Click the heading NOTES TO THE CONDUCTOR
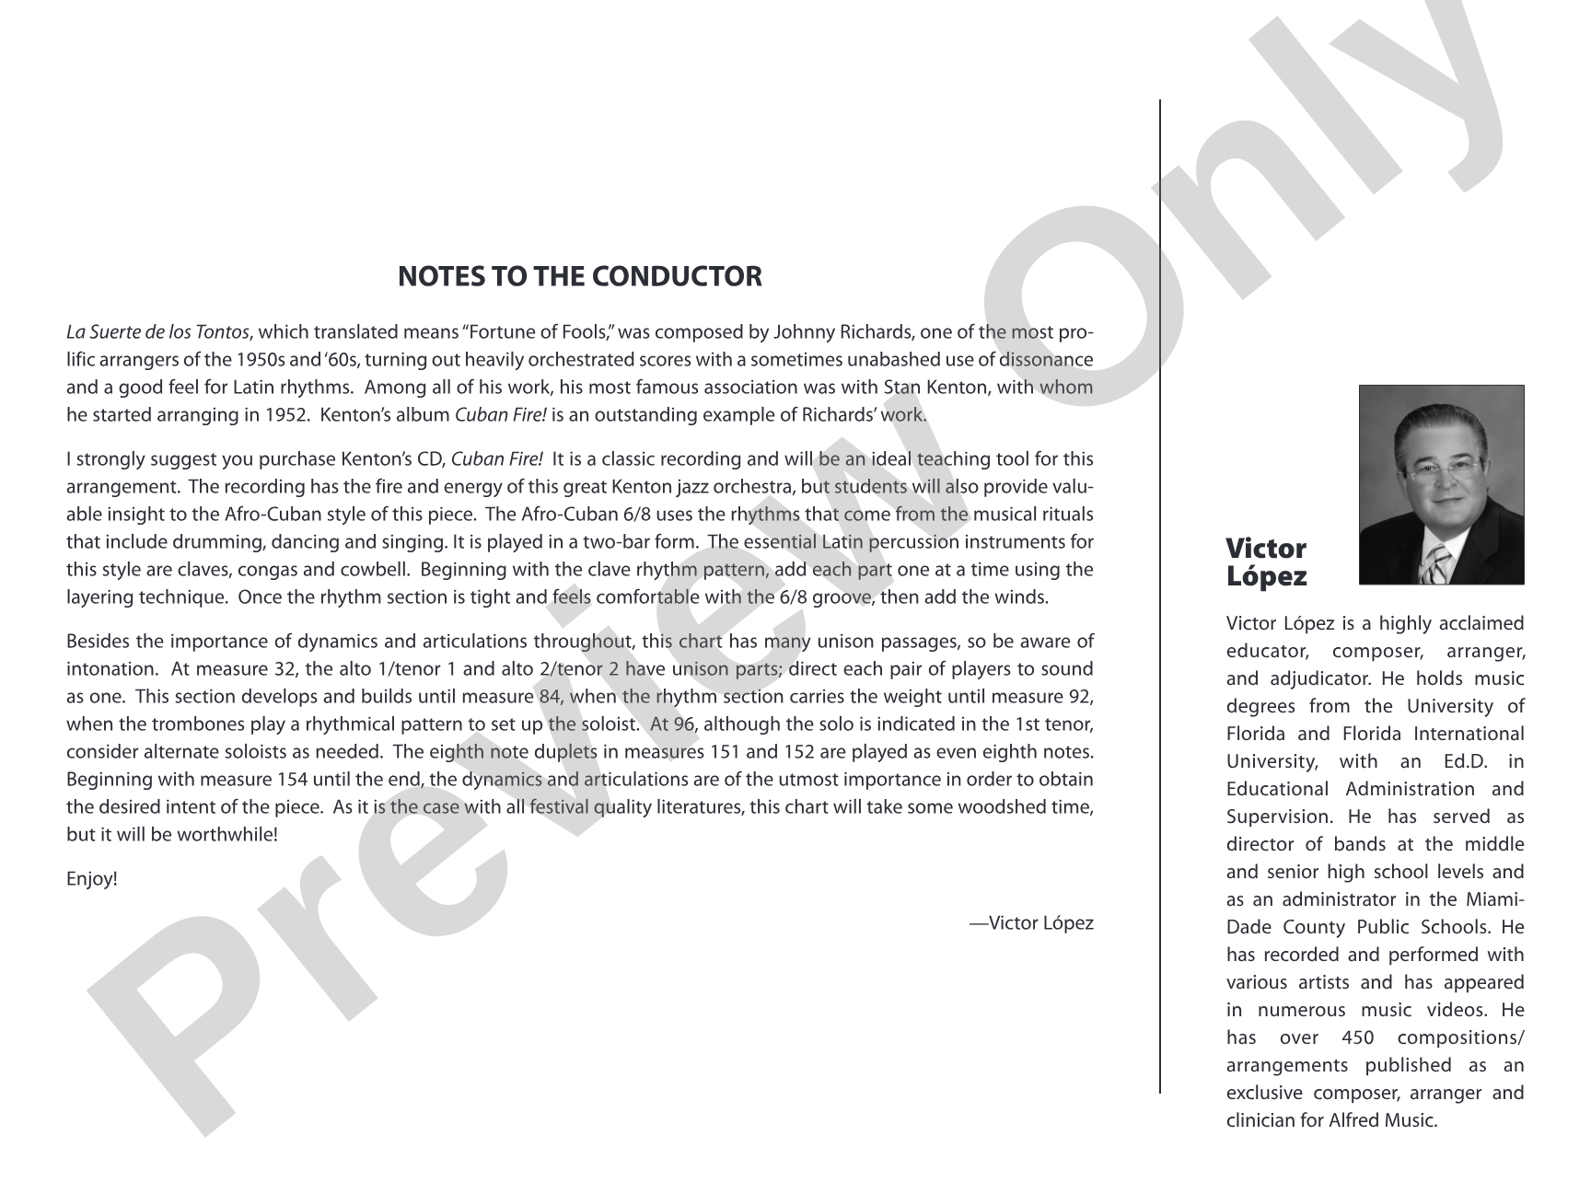pos(579,276)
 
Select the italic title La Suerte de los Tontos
pos(157,332)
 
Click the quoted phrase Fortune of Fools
pos(544,332)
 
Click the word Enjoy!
pos(92,879)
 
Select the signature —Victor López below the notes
pos(1031,923)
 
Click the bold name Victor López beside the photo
pos(1266,562)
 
